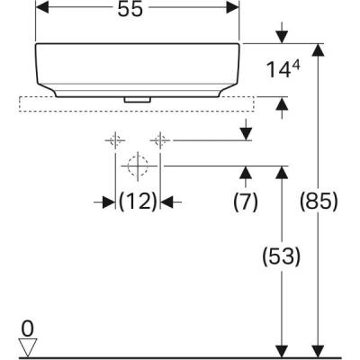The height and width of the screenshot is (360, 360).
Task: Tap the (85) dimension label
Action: [x=319, y=202]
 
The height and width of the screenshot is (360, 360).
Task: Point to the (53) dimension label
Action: [x=283, y=256]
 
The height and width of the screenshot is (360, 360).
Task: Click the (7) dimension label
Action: [x=246, y=202]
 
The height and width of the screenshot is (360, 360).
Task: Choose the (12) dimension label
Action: [x=139, y=201]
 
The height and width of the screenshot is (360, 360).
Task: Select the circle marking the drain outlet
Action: [x=137, y=166]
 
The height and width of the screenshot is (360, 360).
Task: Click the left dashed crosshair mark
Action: [x=115, y=139]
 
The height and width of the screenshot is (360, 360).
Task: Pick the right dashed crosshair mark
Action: [x=160, y=139]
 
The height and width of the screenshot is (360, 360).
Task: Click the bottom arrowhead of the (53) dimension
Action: [x=283, y=349]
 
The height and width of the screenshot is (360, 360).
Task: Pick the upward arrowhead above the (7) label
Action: [x=246, y=172]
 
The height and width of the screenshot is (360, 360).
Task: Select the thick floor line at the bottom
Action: [x=180, y=357]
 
